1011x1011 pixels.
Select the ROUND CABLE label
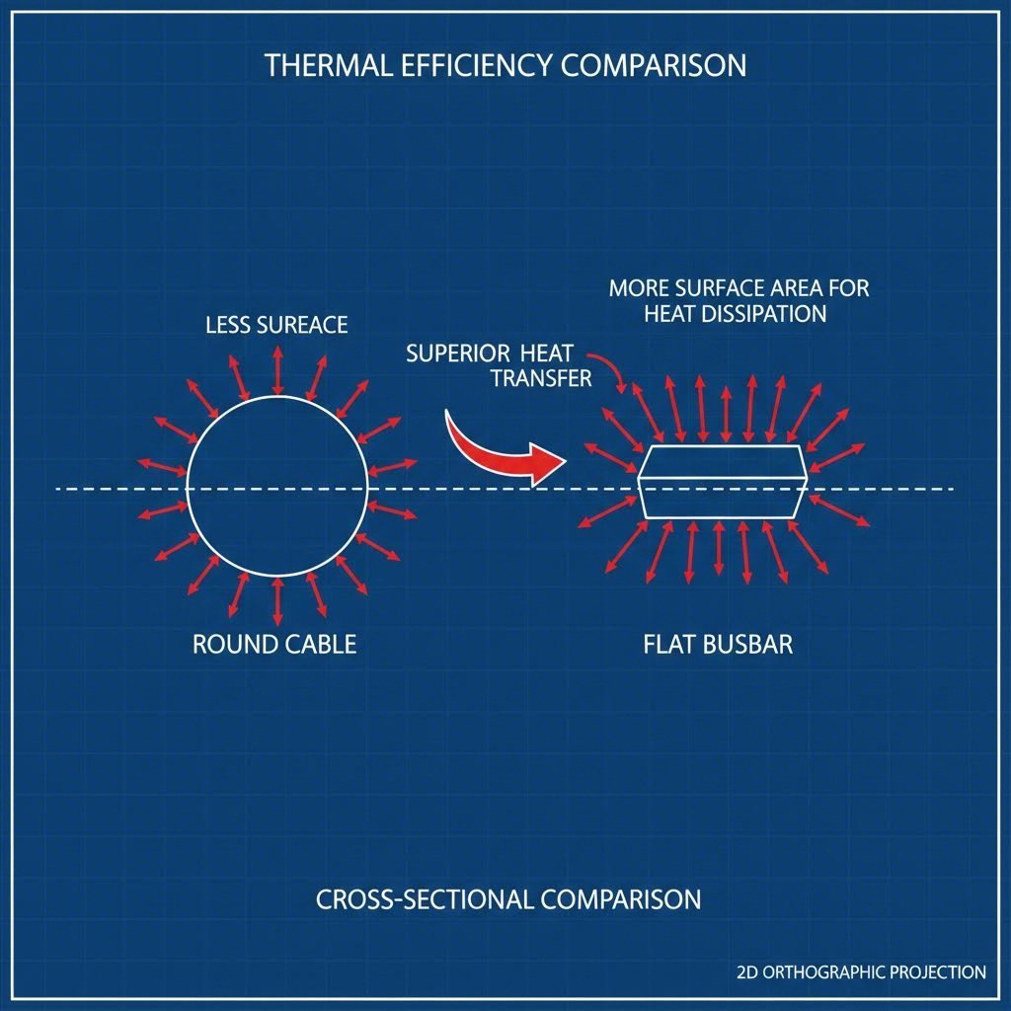pos(274,646)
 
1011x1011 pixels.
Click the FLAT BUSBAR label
pos(718,646)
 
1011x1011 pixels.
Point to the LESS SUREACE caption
pos(276,325)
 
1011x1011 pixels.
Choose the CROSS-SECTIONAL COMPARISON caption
pos(508,900)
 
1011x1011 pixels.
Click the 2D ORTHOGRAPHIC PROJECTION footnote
pos(861,972)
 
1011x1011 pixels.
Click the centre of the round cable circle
pos(277,488)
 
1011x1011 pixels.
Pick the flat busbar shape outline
pos(723,481)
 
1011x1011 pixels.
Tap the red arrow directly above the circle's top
pos(277,371)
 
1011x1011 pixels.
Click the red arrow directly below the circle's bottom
pos(277,601)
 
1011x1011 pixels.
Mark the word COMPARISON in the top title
pos(654,66)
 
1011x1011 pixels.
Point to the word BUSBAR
pos(749,646)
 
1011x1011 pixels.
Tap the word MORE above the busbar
pos(637,289)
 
